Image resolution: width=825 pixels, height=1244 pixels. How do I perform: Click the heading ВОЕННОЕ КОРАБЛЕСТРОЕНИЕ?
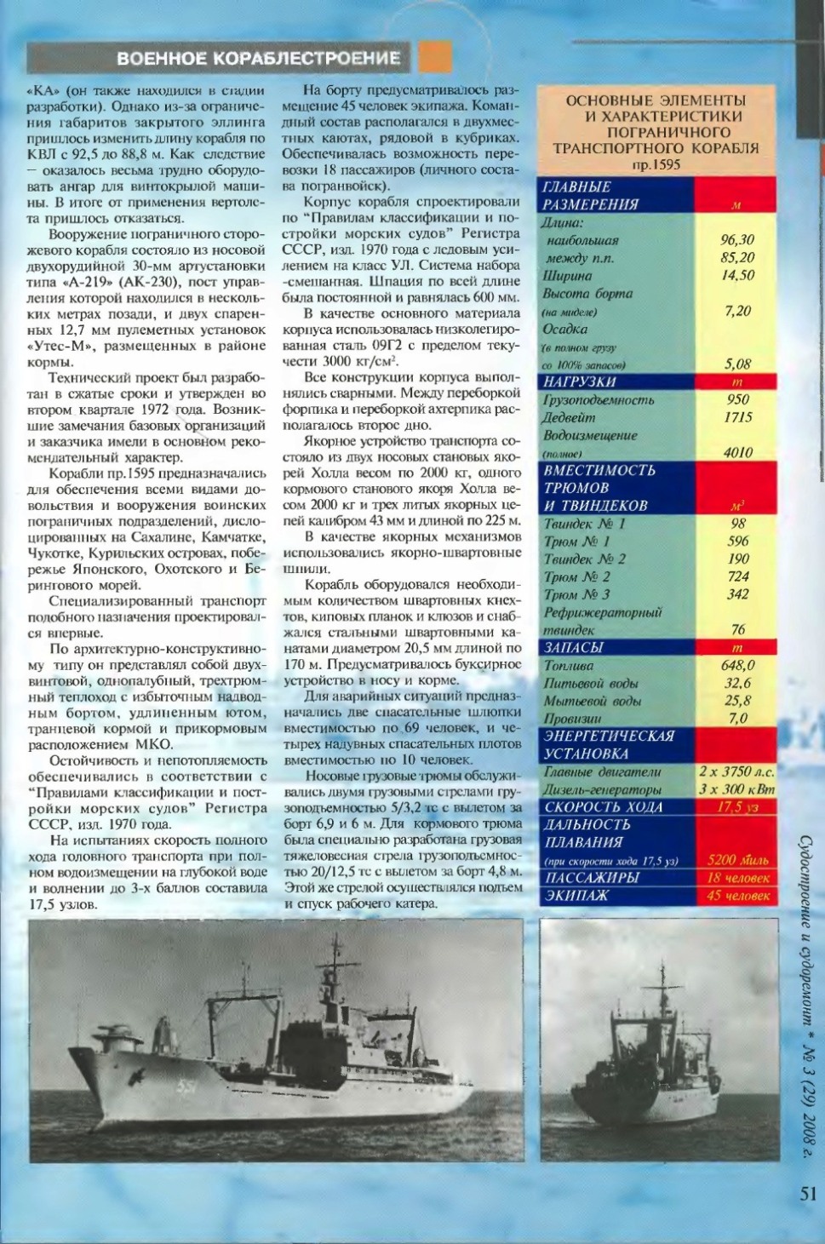pos(258,58)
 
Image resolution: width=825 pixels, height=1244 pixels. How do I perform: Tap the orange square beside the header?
pos(435,57)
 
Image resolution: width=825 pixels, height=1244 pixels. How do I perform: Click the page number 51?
pos(808,1194)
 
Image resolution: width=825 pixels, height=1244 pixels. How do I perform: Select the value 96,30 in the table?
pos(737,240)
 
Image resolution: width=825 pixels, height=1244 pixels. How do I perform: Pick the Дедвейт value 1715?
pos(737,417)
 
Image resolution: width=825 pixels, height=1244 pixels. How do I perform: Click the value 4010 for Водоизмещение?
pos(737,452)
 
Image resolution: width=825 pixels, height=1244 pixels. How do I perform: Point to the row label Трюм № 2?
pos(576,576)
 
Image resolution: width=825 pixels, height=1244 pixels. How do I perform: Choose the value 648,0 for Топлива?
pos(737,665)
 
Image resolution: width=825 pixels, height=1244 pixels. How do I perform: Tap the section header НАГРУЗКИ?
pos(580,382)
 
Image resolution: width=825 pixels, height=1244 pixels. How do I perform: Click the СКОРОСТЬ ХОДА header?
pos(603,806)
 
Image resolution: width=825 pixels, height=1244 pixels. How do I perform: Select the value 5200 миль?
pos(737,860)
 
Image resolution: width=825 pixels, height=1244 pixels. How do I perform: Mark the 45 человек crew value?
pos(737,896)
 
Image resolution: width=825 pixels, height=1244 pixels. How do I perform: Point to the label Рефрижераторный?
pos(603,612)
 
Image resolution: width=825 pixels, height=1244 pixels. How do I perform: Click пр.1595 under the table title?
pos(656,163)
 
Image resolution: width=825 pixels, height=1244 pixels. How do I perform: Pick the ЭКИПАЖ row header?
pos(576,896)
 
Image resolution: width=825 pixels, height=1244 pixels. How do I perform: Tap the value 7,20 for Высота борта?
pos(737,311)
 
